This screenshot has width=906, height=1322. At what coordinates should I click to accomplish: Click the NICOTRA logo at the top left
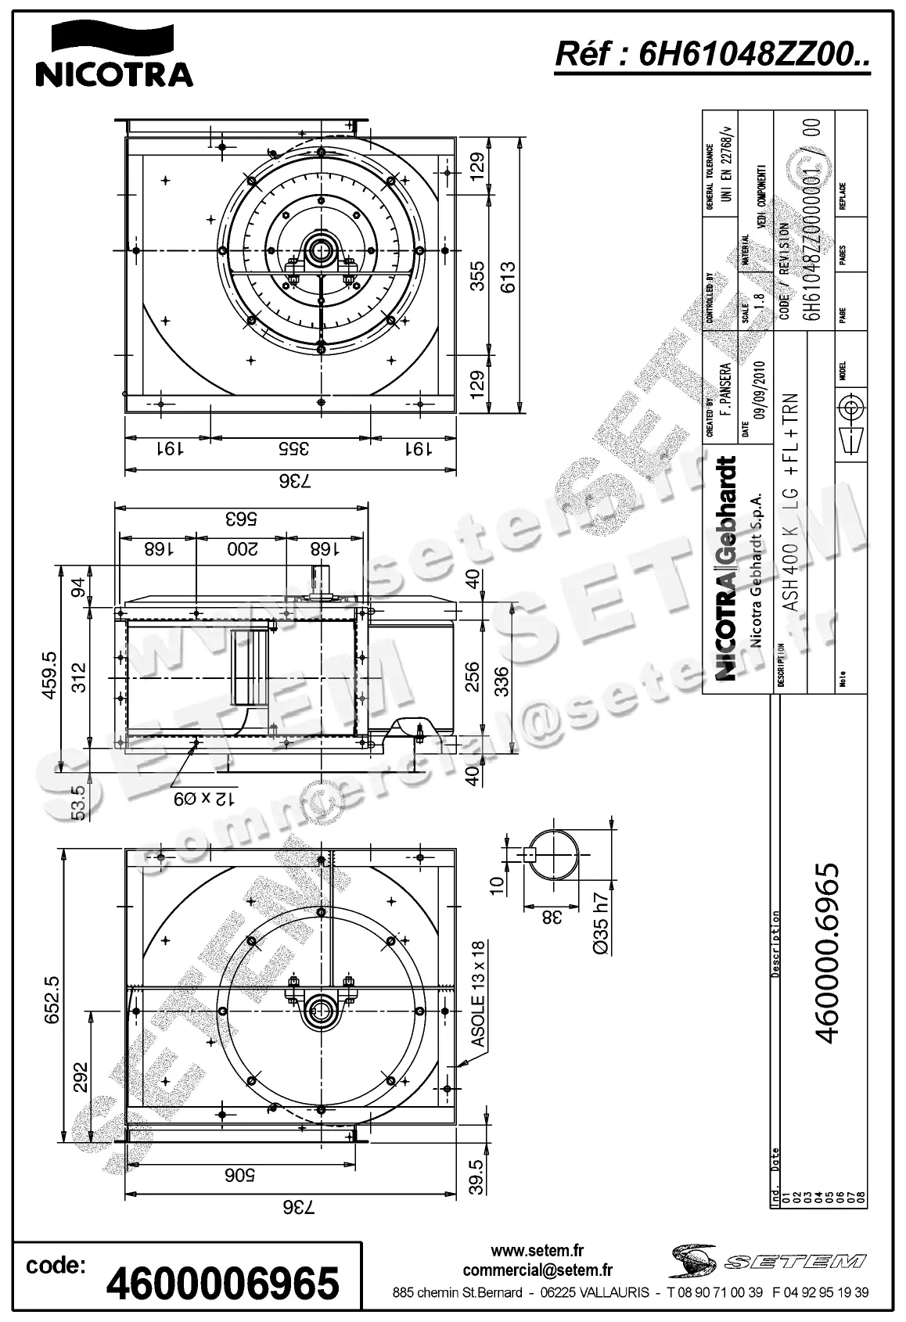(x=114, y=55)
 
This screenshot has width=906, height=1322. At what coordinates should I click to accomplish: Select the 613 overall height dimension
(x=509, y=276)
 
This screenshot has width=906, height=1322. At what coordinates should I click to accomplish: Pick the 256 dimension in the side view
(x=472, y=677)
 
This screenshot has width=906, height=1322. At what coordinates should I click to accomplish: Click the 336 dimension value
(x=502, y=680)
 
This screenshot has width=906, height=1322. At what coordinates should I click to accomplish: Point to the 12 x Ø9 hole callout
(x=204, y=799)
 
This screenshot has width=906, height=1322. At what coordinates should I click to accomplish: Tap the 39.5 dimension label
(x=475, y=1177)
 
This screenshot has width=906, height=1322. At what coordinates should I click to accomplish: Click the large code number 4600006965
(x=223, y=1284)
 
